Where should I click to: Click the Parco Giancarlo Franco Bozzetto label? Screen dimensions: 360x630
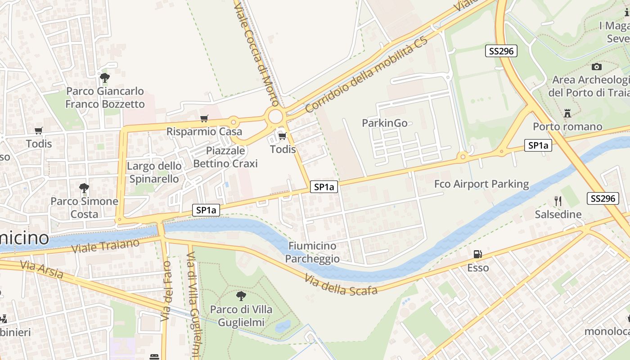(x=105, y=98)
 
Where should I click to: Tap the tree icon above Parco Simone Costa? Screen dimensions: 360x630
(x=84, y=188)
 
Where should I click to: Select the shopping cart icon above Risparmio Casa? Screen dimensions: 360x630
(x=204, y=119)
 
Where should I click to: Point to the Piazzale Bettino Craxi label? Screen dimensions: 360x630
(x=225, y=157)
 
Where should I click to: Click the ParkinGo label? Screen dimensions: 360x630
(x=385, y=123)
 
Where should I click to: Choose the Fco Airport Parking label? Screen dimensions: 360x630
(x=481, y=184)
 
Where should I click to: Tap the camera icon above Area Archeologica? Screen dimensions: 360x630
(x=597, y=67)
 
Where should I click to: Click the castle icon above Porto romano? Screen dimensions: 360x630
(x=567, y=113)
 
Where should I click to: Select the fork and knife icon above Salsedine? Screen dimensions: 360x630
(x=558, y=201)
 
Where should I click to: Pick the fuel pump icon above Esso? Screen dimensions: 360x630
(x=477, y=255)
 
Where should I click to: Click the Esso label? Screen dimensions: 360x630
(x=478, y=268)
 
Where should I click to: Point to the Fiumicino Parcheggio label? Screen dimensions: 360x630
(x=312, y=252)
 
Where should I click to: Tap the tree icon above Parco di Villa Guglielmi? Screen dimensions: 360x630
(x=241, y=296)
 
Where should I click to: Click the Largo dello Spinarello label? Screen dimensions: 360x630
(x=154, y=172)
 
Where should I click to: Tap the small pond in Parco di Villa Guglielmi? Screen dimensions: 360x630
(x=283, y=326)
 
